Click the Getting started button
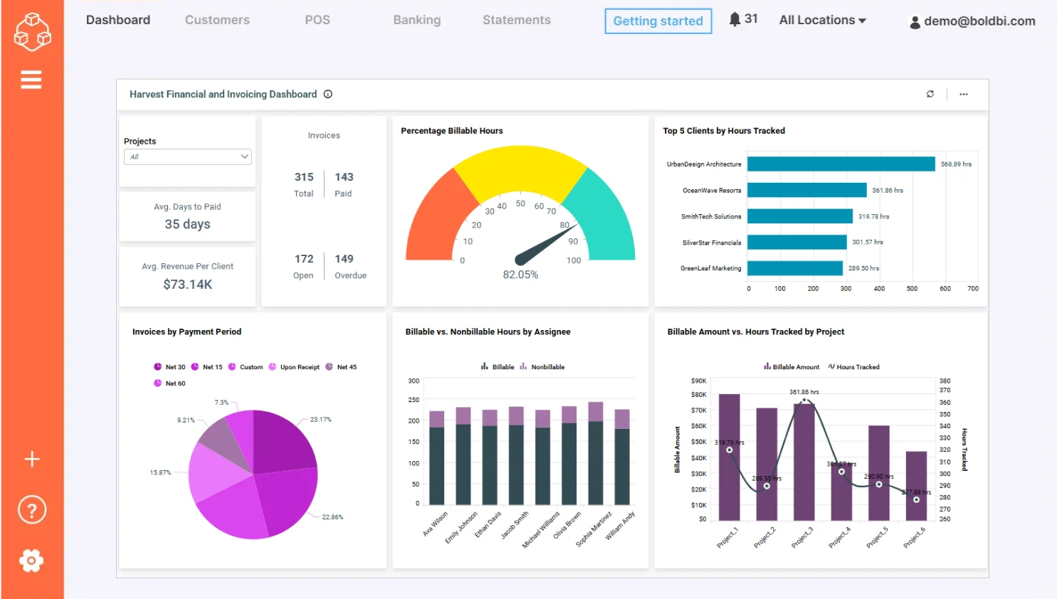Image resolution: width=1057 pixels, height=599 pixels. pyautogui.click(x=658, y=21)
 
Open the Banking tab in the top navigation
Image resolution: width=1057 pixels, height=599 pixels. pyautogui.click(x=416, y=20)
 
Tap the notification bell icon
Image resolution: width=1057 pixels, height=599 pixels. pyautogui.click(x=735, y=19)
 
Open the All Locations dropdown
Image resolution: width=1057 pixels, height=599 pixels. pyautogui.click(x=822, y=20)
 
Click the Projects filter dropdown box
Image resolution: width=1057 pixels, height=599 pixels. pyautogui.click(x=188, y=157)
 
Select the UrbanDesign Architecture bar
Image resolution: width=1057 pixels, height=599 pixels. pyautogui.click(x=841, y=164)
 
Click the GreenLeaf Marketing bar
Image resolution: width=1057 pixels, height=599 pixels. pyautogui.click(x=794, y=268)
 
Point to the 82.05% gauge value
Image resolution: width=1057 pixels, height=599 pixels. pyautogui.click(x=520, y=275)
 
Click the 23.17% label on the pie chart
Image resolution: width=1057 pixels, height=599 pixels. pyautogui.click(x=320, y=420)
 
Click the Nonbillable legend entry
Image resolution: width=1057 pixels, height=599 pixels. pyautogui.click(x=547, y=367)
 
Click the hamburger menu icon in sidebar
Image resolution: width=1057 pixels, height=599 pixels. pyautogui.click(x=31, y=80)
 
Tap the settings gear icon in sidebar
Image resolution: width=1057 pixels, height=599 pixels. pyautogui.click(x=31, y=561)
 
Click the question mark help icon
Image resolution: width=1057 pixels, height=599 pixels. pyautogui.click(x=31, y=510)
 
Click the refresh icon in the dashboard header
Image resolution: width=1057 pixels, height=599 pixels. pyautogui.click(x=930, y=94)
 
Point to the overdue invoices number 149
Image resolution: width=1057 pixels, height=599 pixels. pyautogui.click(x=344, y=259)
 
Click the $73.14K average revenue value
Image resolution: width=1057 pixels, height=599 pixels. pyautogui.click(x=188, y=285)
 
